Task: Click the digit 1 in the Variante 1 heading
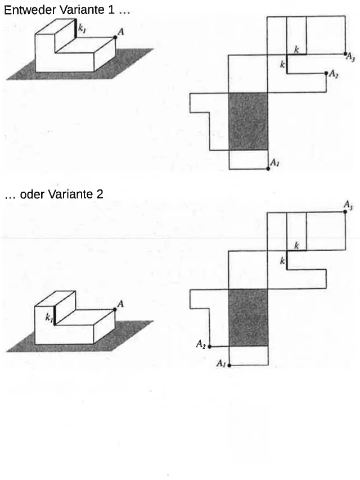click(x=111, y=10)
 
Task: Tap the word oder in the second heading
click(x=32, y=194)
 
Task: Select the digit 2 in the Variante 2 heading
click(x=100, y=194)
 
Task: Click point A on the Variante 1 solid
click(x=115, y=37)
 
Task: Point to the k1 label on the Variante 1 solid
click(x=82, y=29)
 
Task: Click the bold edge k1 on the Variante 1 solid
click(x=76, y=28)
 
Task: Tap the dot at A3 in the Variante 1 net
click(x=345, y=54)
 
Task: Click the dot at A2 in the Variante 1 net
click(x=326, y=73)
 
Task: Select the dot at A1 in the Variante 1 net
click(x=268, y=169)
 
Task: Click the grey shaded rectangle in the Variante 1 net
click(x=248, y=121)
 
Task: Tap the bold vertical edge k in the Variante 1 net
click(x=287, y=64)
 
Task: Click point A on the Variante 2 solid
click(x=115, y=310)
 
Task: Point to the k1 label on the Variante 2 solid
click(x=49, y=318)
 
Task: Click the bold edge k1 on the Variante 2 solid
click(x=55, y=316)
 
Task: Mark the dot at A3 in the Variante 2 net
click(x=345, y=211)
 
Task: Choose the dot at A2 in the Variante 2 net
click(x=210, y=347)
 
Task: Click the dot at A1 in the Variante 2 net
click(x=229, y=365)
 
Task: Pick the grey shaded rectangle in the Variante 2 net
click(x=248, y=318)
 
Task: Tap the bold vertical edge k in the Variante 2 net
click(x=287, y=260)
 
